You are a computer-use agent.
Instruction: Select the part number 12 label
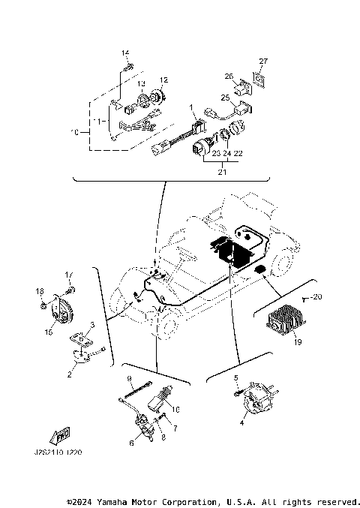(x=163, y=79)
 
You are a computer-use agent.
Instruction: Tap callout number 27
(x=262, y=62)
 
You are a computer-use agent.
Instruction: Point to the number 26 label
(x=230, y=75)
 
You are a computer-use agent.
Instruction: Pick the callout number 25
(x=224, y=98)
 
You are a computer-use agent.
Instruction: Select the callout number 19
(x=299, y=342)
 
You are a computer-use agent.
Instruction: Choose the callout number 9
(x=129, y=378)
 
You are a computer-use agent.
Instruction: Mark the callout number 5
(x=235, y=378)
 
